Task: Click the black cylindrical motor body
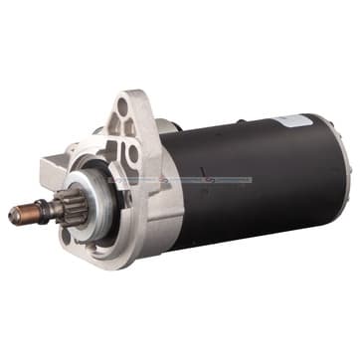tap(249, 189)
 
